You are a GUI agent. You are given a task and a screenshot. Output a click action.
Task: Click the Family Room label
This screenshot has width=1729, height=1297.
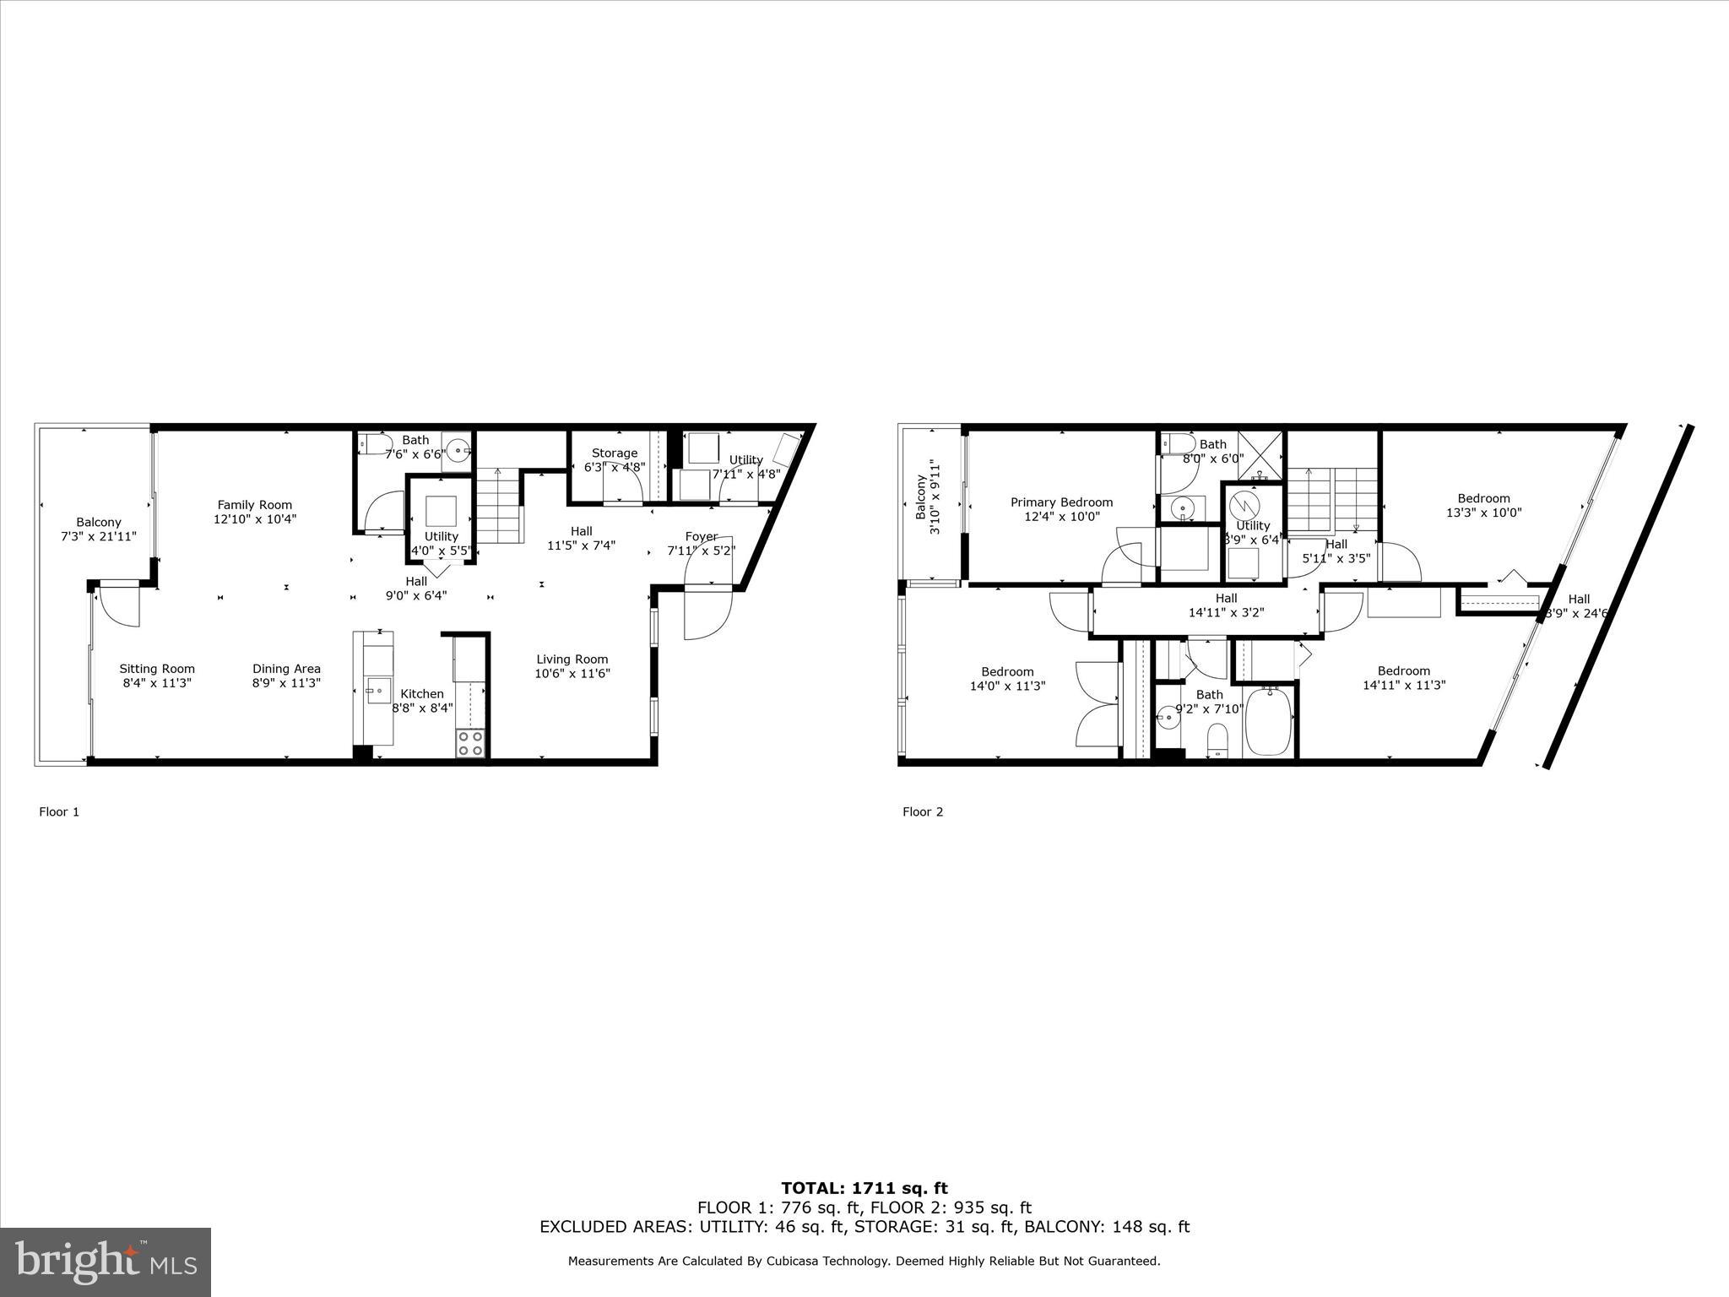(x=254, y=505)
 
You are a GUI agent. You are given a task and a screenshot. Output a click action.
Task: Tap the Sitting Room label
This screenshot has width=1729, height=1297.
(x=157, y=669)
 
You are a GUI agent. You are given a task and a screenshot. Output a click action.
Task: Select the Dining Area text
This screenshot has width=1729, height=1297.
(x=286, y=669)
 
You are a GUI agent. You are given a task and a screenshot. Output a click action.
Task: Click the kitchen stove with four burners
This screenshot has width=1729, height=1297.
(x=470, y=743)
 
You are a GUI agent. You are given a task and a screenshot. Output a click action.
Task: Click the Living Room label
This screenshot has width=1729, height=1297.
(x=572, y=659)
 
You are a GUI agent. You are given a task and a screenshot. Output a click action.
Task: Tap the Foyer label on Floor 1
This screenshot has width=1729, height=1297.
(x=701, y=536)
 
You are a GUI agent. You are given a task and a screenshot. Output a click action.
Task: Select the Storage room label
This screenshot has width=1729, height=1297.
(x=614, y=453)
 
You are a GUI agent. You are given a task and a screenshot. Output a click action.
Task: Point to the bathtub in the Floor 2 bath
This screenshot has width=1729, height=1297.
(x=1267, y=722)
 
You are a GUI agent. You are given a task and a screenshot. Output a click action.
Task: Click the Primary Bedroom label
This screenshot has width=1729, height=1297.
(x=1061, y=502)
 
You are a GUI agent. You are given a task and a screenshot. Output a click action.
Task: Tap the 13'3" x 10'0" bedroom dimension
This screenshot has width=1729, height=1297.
(x=1483, y=513)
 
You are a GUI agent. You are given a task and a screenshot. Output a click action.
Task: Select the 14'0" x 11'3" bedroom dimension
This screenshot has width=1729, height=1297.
(x=1007, y=686)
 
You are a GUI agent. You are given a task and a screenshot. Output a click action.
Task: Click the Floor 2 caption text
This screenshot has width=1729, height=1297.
(x=922, y=811)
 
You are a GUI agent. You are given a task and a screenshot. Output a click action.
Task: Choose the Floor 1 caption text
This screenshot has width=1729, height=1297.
(x=59, y=811)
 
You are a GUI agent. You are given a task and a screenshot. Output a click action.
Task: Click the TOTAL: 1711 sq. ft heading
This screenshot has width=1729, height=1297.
(x=864, y=1189)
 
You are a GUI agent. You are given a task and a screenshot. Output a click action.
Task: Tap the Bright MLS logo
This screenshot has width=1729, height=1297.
(x=105, y=1262)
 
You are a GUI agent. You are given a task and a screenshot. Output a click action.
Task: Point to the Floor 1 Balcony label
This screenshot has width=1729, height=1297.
(x=99, y=523)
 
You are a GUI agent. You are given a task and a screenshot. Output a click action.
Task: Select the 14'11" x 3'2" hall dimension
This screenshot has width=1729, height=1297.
(x=1226, y=613)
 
